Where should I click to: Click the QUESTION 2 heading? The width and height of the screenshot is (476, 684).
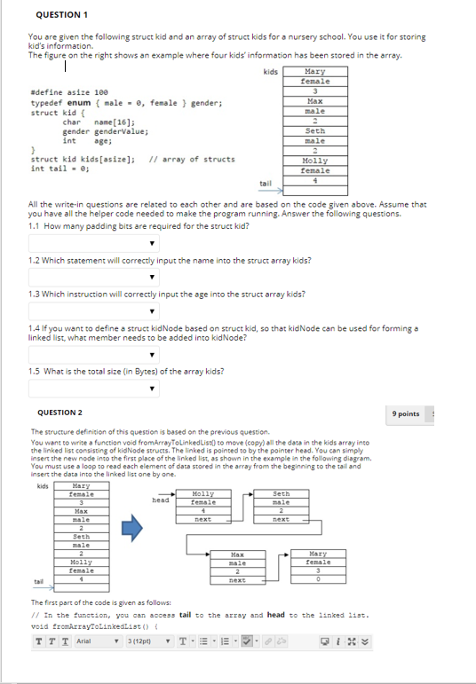click(x=61, y=413)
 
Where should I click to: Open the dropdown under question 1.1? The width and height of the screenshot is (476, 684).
click(x=94, y=243)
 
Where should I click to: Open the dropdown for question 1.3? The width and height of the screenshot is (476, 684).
click(x=94, y=311)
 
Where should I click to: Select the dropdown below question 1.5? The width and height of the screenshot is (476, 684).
click(x=94, y=388)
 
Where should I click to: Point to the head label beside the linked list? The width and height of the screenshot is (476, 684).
click(x=161, y=499)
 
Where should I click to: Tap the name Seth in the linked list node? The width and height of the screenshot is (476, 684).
click(x=281, y=494)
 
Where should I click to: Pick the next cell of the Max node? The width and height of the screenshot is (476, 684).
click(x=237, y=580)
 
